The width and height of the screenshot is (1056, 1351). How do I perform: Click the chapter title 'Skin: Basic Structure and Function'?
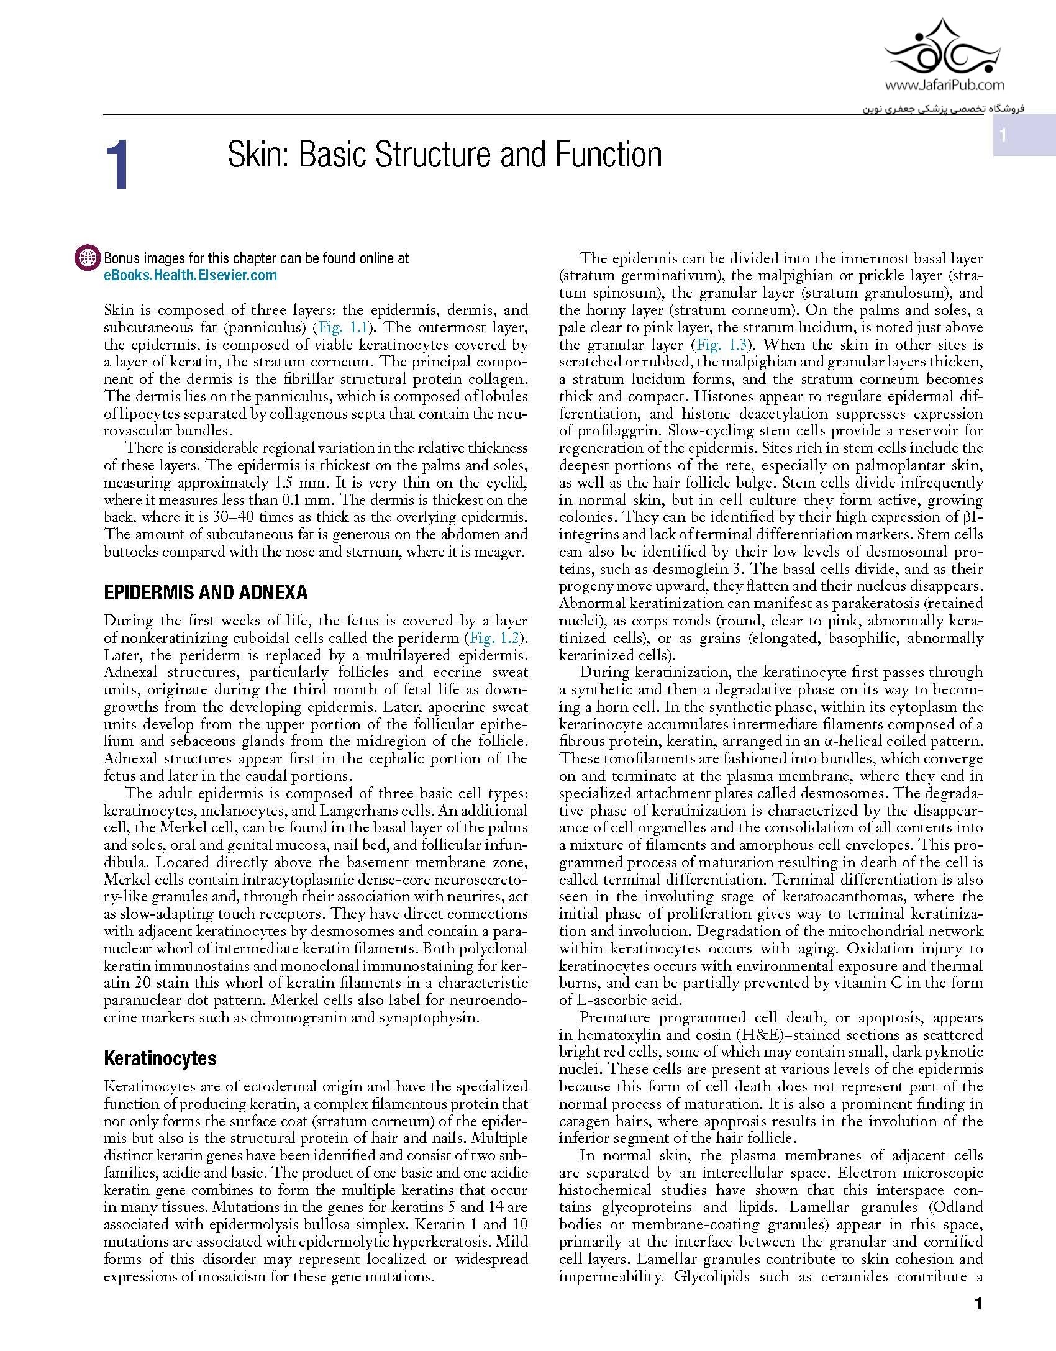pos(444,155)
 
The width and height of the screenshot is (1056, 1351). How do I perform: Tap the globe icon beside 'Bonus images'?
pos(88,258)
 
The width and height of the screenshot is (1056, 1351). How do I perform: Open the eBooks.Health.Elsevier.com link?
pos(190,275)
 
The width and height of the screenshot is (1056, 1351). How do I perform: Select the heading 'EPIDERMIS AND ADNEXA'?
pos(206,592)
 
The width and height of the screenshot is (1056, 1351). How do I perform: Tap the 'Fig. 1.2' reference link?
pos(494,638)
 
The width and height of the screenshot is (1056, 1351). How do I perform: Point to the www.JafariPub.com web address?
pos(944,85)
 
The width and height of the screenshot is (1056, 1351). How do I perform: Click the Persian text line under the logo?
pos(942,108)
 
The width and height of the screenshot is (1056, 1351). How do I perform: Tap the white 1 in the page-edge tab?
pos(1003,135)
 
